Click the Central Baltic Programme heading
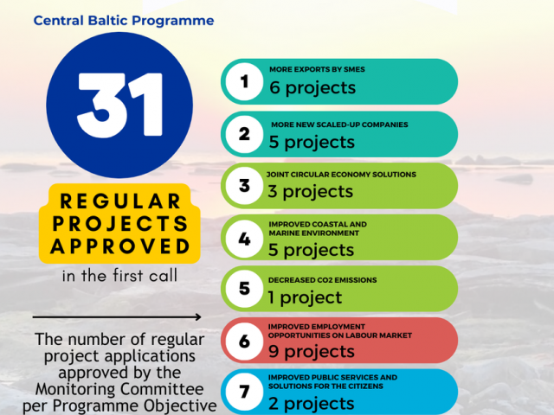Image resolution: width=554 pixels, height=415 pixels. (124, 21)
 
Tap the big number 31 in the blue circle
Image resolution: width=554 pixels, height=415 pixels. (119, 105)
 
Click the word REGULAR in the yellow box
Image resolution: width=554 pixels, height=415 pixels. (120, 201)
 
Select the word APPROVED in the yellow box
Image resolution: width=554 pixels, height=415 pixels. (120, 246)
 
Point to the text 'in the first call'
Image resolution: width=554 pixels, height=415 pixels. (119, 276)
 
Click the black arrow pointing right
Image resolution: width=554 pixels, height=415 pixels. (117, 317)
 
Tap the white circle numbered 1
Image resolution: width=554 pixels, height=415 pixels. (244, 81)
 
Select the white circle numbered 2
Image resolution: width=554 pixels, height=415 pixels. (244, 134)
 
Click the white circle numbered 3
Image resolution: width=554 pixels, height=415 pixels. (244, 186)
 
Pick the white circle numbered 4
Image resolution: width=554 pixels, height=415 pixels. (244, 239)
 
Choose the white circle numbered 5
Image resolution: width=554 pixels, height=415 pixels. (244, 288)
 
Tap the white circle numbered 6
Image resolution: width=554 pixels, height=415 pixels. (244, 341)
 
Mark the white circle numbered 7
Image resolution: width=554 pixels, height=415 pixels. (244, 392)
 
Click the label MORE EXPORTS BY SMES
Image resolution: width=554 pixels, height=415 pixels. (317, 69)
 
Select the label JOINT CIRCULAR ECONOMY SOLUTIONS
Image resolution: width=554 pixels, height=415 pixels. (341, 175)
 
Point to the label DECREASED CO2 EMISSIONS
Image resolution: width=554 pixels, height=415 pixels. (322, 280)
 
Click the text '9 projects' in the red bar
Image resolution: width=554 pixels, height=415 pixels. (312, 352)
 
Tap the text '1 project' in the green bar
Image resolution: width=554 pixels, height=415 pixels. (305, 297)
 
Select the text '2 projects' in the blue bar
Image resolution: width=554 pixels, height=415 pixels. (312, 404)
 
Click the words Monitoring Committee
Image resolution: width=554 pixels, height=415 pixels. (119, 389)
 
